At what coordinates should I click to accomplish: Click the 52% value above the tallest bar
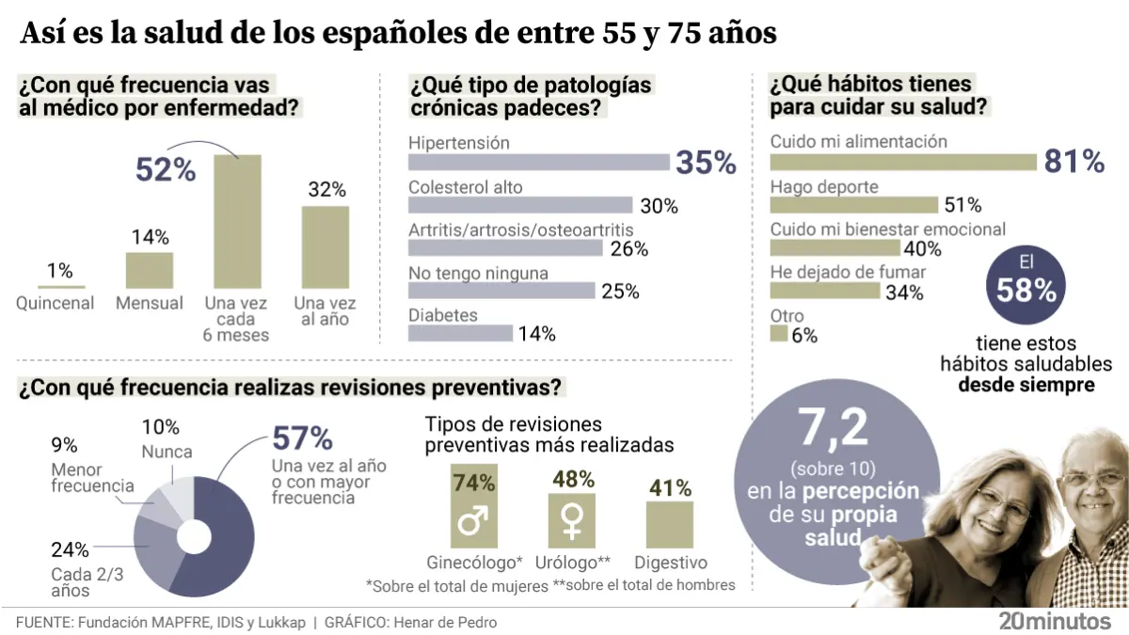166,169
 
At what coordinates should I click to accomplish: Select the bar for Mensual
150,270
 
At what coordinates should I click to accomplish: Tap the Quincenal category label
56,303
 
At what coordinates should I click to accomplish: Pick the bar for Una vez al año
325,246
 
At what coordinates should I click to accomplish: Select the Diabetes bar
460,333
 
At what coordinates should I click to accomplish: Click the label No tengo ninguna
478,273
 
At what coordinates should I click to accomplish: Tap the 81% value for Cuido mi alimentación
1073,162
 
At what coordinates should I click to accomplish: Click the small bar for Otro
778,334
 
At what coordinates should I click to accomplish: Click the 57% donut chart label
302,438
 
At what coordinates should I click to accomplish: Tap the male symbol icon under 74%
473,521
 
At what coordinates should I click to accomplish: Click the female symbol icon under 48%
571,521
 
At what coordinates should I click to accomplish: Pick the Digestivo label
670,563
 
